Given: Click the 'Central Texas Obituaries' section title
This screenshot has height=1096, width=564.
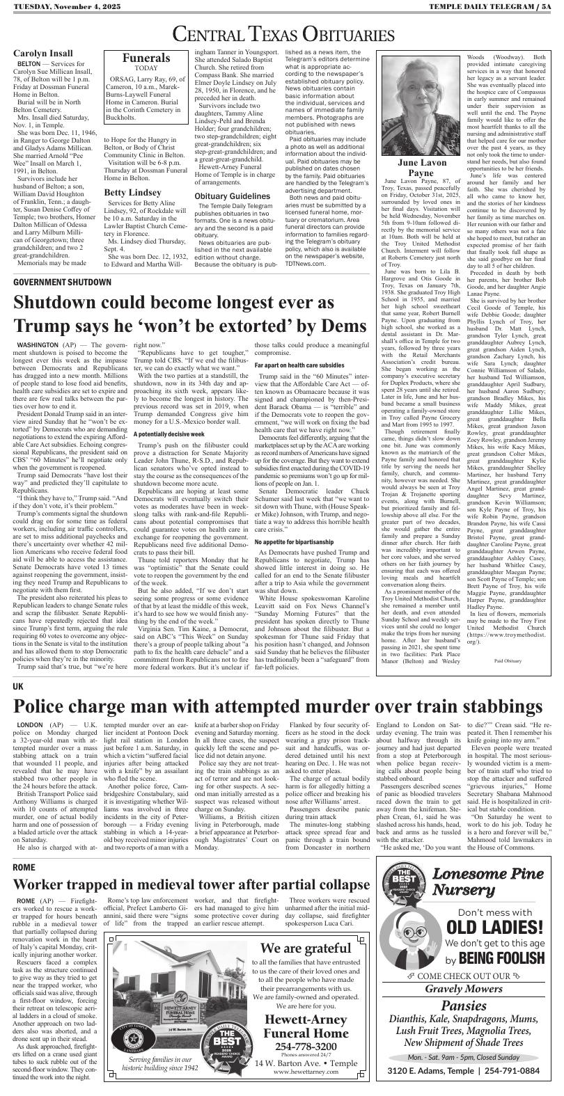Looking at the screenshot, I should point(282,33).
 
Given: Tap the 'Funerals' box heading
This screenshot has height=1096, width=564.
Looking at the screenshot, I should point(146,58).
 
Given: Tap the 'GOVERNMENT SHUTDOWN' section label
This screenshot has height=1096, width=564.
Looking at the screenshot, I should point(62,283).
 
